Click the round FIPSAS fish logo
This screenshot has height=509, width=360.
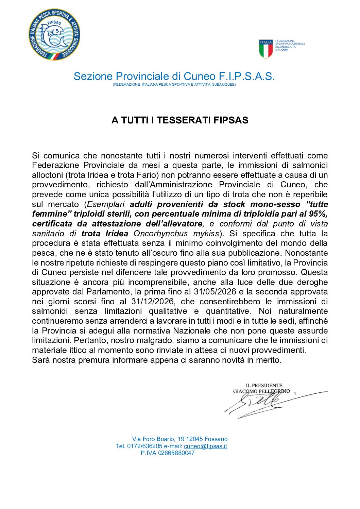54,34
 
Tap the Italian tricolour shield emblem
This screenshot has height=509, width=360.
266,49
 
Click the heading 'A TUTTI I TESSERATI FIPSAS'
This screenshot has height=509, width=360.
180,120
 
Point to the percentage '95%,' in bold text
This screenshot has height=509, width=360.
318,214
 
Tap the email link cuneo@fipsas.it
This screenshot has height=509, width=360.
205,446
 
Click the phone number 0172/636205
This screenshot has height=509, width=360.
145,446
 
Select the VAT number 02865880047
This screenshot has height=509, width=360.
176,453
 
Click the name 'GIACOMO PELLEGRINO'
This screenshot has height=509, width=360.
261,391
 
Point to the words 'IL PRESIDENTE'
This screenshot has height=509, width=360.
264,386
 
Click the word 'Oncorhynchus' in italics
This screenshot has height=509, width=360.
160,234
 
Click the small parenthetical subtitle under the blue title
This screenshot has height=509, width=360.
174,85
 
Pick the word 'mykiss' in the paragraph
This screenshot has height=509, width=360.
206,234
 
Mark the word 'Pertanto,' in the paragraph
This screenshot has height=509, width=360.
90,341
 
